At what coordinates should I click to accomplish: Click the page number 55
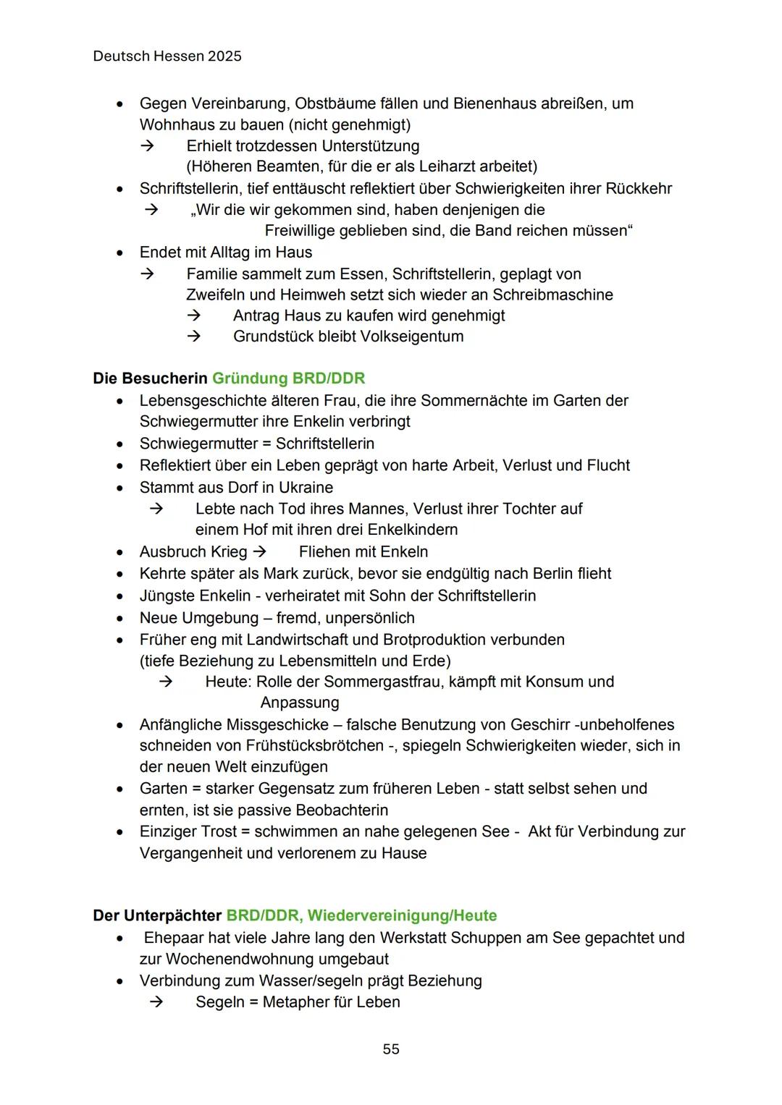click(x=391, y=1049)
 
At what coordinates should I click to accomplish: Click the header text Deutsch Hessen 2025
click(x=167, y=56)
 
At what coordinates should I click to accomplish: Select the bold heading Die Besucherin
click(x=150, y=378)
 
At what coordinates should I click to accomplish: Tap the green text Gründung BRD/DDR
click(x=288, y=378)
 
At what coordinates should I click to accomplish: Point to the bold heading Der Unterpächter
click(x=157, y=915)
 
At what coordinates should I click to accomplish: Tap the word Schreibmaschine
click(x=553, y=295)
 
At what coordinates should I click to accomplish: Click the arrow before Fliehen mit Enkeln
click(x=259, y=551)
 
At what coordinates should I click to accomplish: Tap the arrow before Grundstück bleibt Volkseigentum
click(x=193, y=336)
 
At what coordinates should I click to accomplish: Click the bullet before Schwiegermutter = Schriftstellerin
click(x=120, y=444)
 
